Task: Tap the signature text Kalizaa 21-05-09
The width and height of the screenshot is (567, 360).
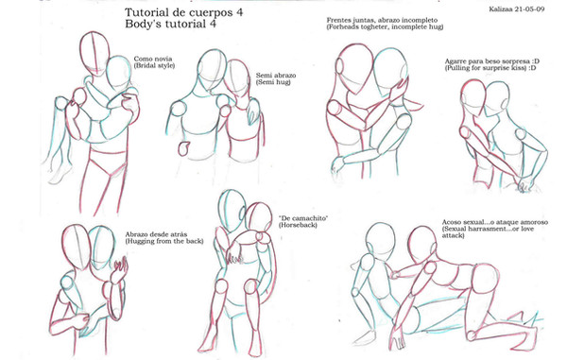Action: tap(517, 9)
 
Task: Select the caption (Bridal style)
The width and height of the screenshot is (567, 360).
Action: tap(154, 65)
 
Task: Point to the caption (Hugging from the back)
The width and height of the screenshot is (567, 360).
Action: tap(164, 241)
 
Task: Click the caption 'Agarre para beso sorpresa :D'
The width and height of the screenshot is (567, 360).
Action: tap(491, 61)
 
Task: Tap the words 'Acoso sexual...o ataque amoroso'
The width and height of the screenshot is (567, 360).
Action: tap(494, 222)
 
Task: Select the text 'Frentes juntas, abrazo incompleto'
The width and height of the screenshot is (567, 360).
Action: tap(382, 20)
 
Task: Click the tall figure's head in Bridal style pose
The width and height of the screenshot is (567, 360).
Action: tap(94, 54)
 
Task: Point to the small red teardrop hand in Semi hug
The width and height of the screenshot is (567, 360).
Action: tap(183, 148)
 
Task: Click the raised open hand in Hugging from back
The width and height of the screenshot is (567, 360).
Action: tap(119, 269)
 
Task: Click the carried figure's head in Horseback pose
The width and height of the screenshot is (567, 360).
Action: tap(259, 216)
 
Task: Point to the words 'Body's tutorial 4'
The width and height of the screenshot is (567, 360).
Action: tap(170, 25)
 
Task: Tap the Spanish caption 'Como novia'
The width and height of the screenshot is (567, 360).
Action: tap(153, 59)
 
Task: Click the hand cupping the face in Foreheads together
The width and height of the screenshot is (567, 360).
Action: tap(399, 91)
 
